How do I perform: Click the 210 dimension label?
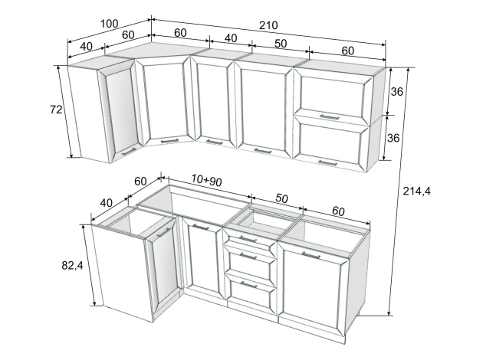[x=268, y=25]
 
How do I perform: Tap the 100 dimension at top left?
[x=110, y=24]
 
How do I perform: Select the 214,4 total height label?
[x=417, y=191]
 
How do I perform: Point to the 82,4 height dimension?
[x=72, y=265]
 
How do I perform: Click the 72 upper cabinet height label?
[x=56, y=110]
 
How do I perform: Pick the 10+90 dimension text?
[x=206, y=180]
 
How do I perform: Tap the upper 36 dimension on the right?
[x=397, y=91]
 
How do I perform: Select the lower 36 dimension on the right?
[x=393, y=138]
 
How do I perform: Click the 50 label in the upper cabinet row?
[x=281, y=44]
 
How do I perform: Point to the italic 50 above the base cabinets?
[x=281, y=198]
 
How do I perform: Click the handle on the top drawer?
[x=248, y=239]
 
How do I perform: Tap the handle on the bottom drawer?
[x=248, y=285]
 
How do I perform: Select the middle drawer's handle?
[x=248, y=256]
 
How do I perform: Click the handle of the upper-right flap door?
[x=330, y=117]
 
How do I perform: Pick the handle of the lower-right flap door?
[x=328, y=163]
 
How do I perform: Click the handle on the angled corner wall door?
[x=169, y=141]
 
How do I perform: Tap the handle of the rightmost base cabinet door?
[x=311, y=255]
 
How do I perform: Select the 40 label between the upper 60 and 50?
[x=231, y=38]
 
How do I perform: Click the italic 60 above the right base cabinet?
[x=338, y=211]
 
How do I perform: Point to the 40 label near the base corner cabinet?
[x=107, y=203]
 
